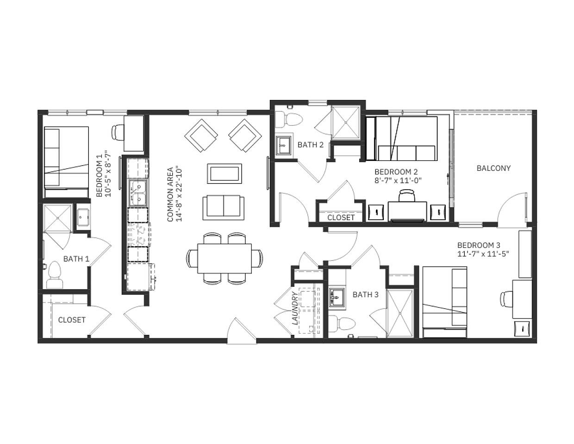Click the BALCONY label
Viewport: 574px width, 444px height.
pyautogui.click(x=493, y=168)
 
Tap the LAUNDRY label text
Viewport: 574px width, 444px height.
pyautogui.click(x=295, y=308)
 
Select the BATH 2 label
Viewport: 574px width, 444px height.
pyautogui.click(x=310, y=145)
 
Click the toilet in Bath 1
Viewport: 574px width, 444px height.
pyautogui.click(x=55, y=276)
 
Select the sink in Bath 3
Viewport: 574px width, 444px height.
pyautogui.click(x=337, y=298)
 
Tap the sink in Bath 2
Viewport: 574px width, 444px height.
pyautogui.click(x=284, y=144)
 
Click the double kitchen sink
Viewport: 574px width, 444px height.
pyautogui.click(x=138, y=193)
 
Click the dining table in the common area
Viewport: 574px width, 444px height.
pyautogui.click(x=225, y=258)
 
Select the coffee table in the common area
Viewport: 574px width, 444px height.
pyautogui.click(x=225, y=174)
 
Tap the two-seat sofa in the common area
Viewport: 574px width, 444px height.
pyautogui.click(x=224, y=207)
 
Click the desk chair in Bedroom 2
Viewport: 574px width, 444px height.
pyautogui.click(x=407, y=196)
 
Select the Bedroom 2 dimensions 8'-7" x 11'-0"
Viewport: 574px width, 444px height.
pyautogui.click(x=398, y=181)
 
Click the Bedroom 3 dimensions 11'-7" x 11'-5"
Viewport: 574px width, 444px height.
pyautogui.click(x=486, y=253)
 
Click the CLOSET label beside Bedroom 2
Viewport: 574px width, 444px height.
pyautogui.click(x=341, y=217)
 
